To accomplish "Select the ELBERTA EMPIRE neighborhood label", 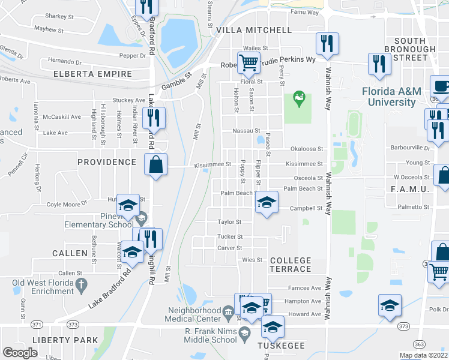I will coord(92,74).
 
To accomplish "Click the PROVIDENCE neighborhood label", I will coord(107,162).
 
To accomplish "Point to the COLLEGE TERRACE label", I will coord(291,265).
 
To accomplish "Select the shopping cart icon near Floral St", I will coord(249,61).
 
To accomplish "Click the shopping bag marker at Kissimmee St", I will coord(155,164).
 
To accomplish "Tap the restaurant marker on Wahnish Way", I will coord(327,43).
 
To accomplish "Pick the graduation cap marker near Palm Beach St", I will coord(267,201).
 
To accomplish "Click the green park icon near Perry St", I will coord(298,96).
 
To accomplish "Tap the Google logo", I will coord(20,353).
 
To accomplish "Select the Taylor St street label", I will coord(229,221).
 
